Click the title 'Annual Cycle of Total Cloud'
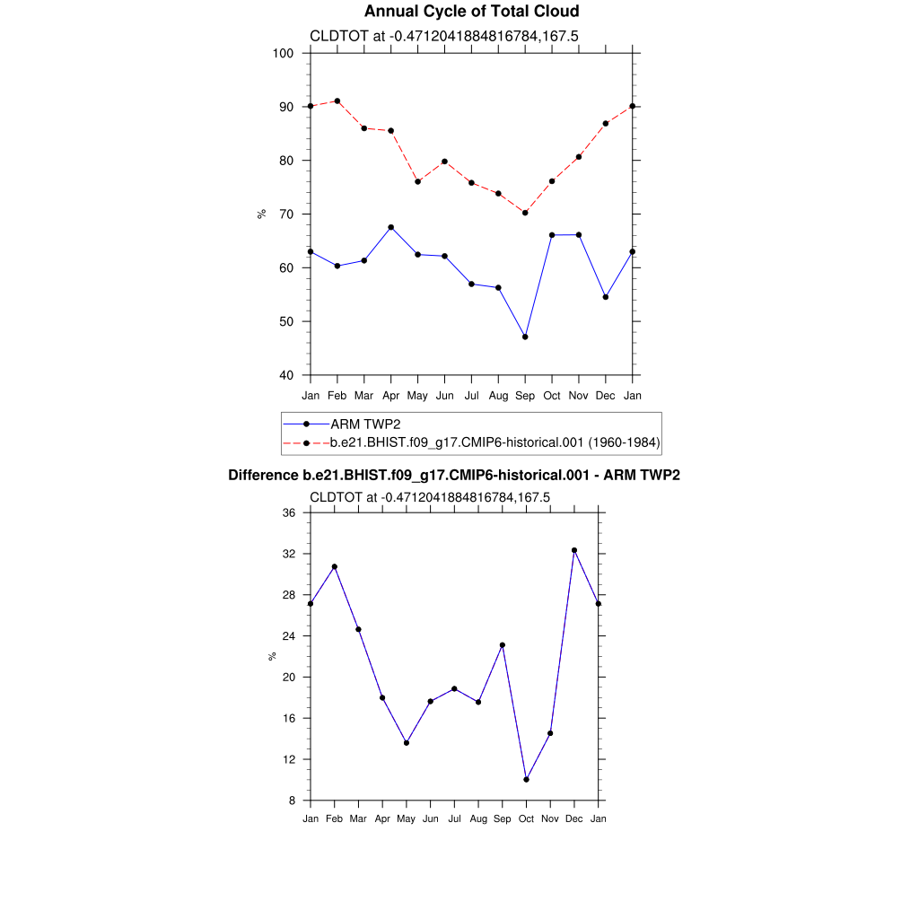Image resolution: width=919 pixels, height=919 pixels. tap(471, 12)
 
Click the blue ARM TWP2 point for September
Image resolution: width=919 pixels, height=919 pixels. tap(525, 337)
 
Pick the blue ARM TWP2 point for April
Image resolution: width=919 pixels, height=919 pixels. tap(391, 227)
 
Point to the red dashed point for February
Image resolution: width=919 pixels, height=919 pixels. tap(337, 101)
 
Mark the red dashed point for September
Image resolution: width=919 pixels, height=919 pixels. tap(525, 213)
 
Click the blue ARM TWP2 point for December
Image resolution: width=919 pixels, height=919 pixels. tap(606, 297)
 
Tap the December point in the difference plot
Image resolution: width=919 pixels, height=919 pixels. tap(574, 550)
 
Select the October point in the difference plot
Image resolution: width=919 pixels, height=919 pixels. tap(526, 780)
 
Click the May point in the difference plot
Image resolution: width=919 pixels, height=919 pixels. tap(407, 743)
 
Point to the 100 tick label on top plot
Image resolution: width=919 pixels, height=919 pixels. tap(284, 53)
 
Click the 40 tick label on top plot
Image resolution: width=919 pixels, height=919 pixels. tap(287, 375)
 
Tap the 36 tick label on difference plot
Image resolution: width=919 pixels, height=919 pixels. tap(289, 513)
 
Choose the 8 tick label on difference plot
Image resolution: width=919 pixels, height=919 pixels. tap(293, 801)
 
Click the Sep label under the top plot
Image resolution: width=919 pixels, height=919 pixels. tap(525, 396)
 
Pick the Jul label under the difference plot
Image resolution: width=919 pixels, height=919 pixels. tap(454, 818)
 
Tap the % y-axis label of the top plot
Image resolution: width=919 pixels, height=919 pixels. tap(262, 214)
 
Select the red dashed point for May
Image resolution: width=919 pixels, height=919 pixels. tap(418, 181)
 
